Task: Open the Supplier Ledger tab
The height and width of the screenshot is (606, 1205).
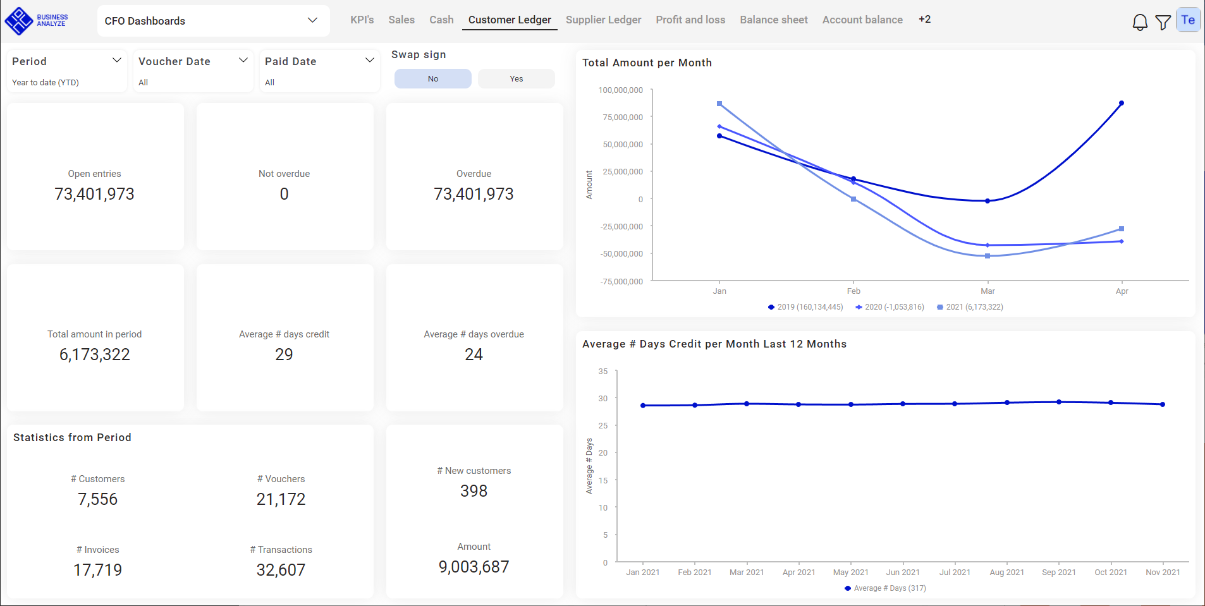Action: tap(603, 20)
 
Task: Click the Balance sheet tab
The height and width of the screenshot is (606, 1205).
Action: tap(773, 20)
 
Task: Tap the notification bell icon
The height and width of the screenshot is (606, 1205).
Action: tap(1139, 22)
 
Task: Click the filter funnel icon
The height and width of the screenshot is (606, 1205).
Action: tap(1163, 22)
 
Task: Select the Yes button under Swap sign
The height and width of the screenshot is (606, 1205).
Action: tap(516, 79)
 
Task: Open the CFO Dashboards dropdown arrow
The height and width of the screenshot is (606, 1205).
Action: tap(312, 20)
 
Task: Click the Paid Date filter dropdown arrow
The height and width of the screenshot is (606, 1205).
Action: tap(370, 60)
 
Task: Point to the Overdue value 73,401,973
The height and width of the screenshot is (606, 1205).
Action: tap(474, 194)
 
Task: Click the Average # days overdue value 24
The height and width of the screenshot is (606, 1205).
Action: tap(474, 355)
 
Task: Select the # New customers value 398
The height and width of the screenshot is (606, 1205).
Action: tap(474, 491)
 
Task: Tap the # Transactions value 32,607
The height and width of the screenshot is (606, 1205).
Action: tap(281, 570)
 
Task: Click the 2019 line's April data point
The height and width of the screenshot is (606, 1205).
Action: tap(1121, 103)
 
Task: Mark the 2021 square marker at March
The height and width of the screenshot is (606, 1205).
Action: tap(988, 256)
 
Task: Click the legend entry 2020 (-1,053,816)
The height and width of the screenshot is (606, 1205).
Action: tap(890, 307)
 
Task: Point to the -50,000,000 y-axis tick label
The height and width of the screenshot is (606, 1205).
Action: tap(621, 254)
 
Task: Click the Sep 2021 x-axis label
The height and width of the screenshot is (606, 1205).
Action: tap(1058, 573)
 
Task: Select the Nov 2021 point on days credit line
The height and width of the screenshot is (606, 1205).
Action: tap(1162, 404)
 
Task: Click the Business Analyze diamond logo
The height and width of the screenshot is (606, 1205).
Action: tap(19, 20)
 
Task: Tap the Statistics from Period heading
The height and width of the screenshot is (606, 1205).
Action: tap(72, 437)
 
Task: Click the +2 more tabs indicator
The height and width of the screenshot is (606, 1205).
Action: tap(924, 20)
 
